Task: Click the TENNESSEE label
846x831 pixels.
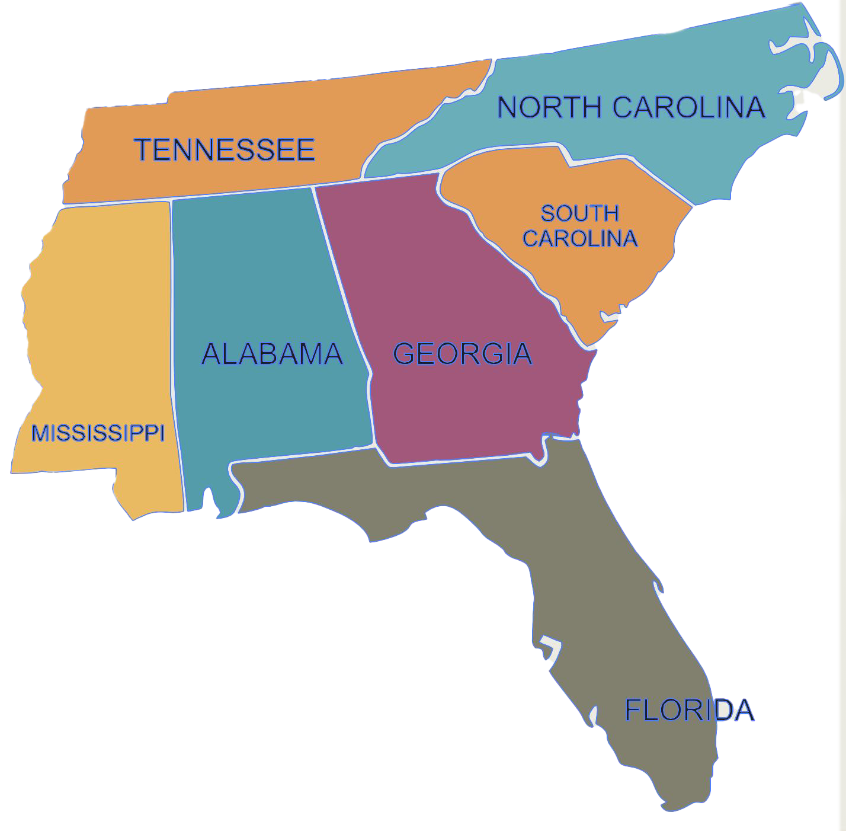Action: (224, 150)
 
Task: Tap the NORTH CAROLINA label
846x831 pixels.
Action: (631, 108)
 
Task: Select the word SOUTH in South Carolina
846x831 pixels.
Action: (579, 213)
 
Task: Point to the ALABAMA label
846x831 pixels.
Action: (272, 354)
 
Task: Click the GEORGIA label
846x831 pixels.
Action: (462, 354)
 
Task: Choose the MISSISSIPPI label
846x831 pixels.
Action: (98, 433)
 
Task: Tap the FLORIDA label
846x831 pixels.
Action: (689, 710)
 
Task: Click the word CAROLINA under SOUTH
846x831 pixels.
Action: (579, 238)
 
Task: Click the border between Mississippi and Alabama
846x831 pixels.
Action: (172, 356)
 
